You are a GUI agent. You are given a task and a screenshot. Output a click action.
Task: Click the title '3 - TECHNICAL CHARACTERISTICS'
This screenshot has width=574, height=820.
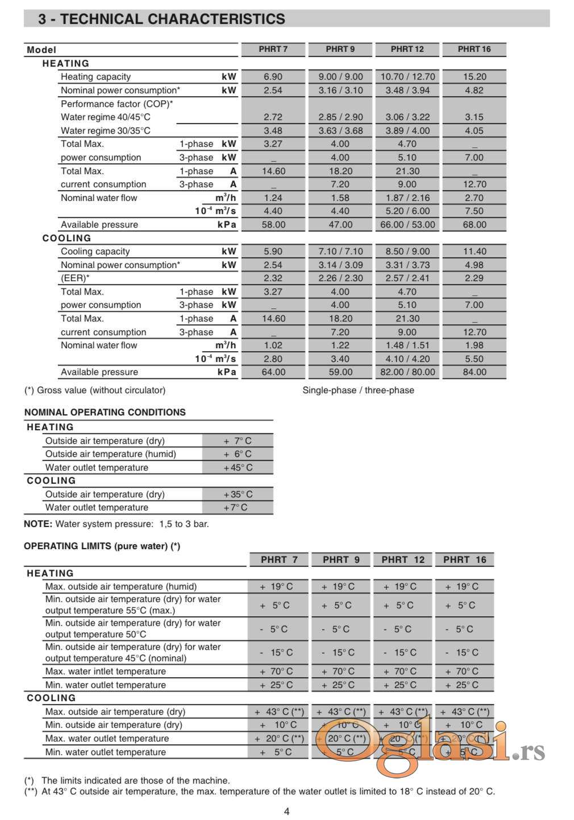click(x=161, y=19)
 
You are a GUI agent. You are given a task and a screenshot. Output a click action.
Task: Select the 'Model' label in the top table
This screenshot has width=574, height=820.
click(x=41, y=50)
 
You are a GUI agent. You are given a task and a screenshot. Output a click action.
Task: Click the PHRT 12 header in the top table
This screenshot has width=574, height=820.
click(x=407, y=50)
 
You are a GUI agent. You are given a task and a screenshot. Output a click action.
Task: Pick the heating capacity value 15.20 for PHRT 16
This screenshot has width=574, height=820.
click(x=474, y=77)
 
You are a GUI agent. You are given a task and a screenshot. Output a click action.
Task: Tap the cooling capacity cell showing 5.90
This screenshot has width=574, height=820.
click(x=273, y=252)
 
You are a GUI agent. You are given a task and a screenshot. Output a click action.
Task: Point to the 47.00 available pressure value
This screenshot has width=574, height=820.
click(x=340, y=225)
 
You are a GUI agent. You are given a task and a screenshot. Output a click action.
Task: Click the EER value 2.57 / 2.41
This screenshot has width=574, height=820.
click(x=407, y=278)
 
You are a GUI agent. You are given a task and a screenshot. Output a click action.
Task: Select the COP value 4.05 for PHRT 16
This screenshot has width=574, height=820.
click(x=474, y=131)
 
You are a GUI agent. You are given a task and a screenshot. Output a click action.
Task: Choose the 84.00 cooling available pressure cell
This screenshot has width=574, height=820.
click(x=474, y=372)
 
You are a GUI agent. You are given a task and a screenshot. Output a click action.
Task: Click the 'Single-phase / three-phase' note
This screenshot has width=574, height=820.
click(x=358, y=390)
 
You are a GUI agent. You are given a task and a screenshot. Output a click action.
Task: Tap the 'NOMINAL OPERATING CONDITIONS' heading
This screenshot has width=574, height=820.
click(x=105, y=413)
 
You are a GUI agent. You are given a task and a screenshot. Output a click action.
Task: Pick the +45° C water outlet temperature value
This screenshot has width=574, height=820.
click(x=238, y=468)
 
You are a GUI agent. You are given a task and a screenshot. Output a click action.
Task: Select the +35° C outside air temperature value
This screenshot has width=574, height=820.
click(x=238, y=495)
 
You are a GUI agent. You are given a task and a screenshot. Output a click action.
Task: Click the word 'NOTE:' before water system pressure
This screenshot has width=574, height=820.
click(x=38, y=524)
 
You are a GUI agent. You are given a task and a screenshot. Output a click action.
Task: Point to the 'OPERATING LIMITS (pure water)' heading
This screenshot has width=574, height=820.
click(x=102, y=546)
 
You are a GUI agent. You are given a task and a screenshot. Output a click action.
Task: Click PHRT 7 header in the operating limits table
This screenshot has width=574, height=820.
click(x=279, y=560)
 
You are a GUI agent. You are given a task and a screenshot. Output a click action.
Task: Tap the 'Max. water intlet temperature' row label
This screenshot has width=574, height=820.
click(x=106, y=671)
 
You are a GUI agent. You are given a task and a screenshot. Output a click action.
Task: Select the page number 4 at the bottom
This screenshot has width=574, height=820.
click(x=286, y=811)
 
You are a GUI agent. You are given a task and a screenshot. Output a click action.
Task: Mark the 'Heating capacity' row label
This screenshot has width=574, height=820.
click(x=95, y=77)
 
